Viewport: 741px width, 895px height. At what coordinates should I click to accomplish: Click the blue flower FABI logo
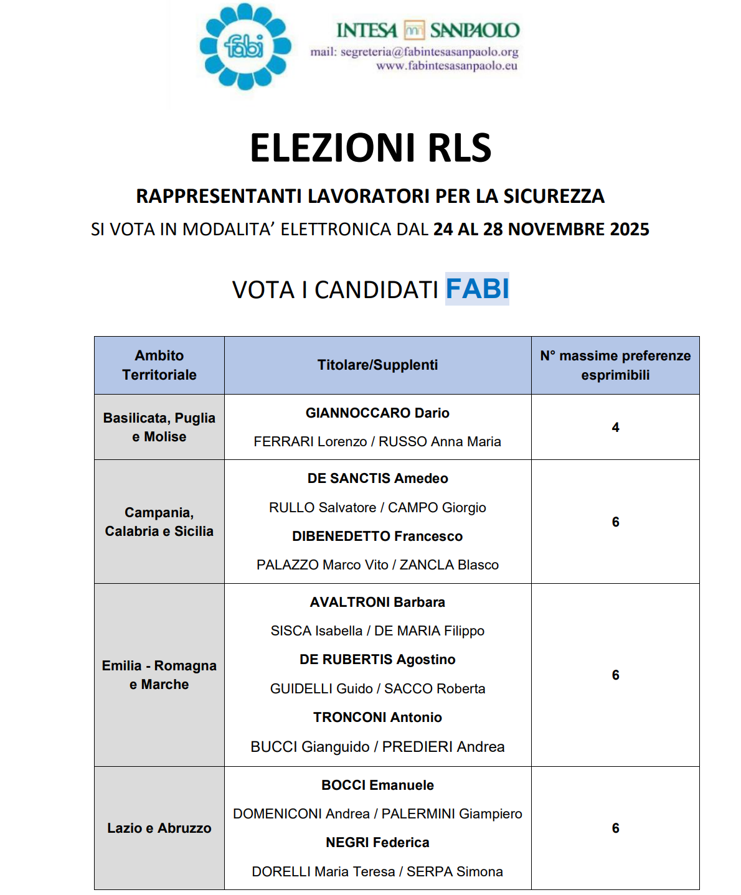tap(245, 47)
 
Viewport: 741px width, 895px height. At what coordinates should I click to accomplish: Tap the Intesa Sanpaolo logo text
tap(427, 30)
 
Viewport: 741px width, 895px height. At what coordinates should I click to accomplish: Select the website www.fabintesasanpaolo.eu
tap(446, 65)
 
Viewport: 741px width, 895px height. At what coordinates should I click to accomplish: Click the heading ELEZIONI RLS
tap(370, 148)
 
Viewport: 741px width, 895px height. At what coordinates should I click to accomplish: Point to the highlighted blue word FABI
tap(478, 289)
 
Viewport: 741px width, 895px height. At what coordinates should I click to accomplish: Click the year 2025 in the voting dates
tap(630, 230)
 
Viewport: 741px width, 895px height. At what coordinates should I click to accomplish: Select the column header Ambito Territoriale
tap(159, 365)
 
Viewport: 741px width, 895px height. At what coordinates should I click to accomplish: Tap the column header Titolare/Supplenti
tap(377, 365)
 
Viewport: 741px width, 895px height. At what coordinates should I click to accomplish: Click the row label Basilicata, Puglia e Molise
tap(159, 427)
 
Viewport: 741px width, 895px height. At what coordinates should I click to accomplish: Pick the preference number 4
tap(615, 428)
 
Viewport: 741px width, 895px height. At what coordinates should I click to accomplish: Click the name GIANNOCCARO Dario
tap(377, 413)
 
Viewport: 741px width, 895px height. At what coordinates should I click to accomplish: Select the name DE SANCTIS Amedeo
tap(377, 478)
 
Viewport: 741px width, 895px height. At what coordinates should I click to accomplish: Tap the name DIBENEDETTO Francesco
tap(377, 536)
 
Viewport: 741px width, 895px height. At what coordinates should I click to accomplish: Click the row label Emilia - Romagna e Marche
tap(159, 675)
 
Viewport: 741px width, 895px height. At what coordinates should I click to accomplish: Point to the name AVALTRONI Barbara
tap(377, 602)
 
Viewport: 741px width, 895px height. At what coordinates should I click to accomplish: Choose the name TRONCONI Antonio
tap(377, 717)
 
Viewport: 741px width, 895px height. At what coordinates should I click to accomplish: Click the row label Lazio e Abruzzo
tap(159, 828)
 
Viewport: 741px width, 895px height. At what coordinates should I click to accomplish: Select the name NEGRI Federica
tap(377, 842)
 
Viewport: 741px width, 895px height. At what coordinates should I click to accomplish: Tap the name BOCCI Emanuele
tap(377, 785)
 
